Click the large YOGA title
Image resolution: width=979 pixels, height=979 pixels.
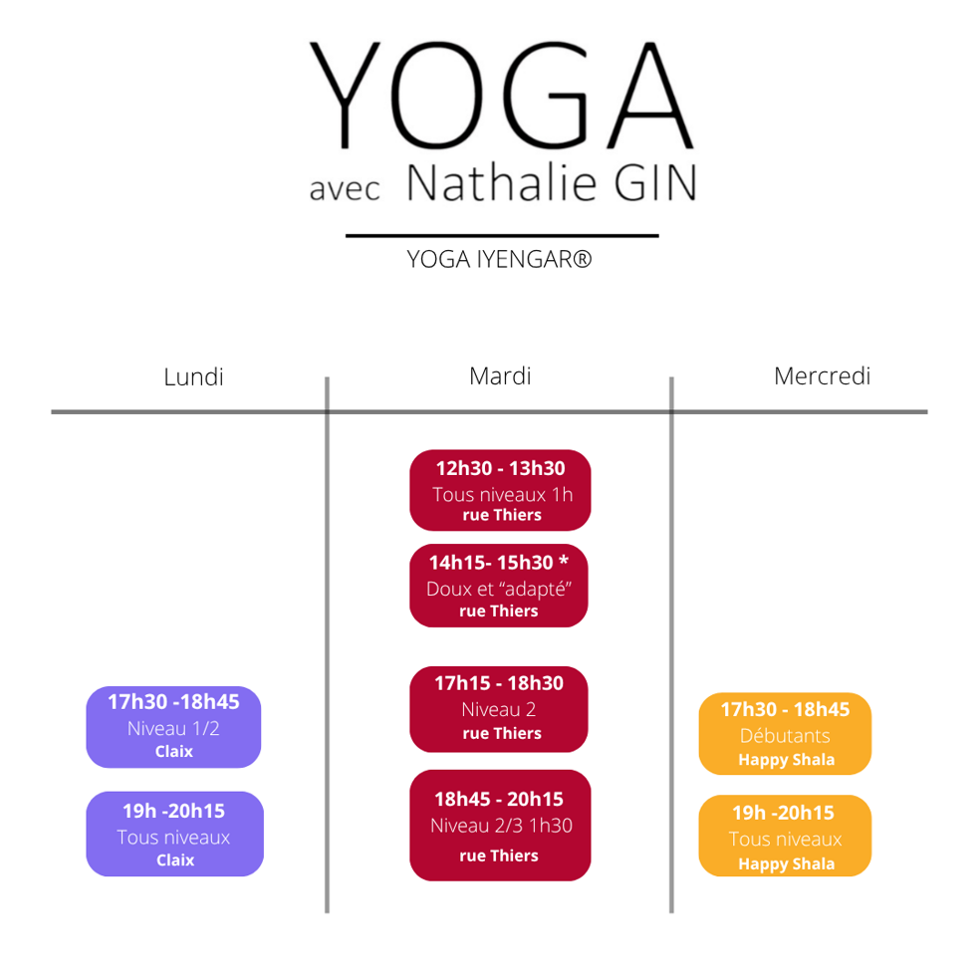pyautogui.click(x=501, y=95)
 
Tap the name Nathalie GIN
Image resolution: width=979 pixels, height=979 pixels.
pyautogui.click(x=552, y=182)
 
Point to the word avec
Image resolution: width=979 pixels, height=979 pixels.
pyautogui.click(x=345, y=188)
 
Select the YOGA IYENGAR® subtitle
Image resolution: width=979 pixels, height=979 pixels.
pyautogui.click(x=500, y=259)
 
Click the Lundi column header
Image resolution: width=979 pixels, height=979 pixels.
pyautogui.click(x=193, y=377)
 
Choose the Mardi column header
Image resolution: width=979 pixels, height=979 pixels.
pyautogui.click(x=500, y=375)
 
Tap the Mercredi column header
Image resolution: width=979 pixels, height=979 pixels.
pyautogui.click(x=823, y=375)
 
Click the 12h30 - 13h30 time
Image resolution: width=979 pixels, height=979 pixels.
pyautogui.click(x=500, y=468)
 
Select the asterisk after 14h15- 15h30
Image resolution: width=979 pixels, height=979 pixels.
pyautogui.click(x=564, y=560)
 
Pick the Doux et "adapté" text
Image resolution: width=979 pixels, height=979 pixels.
pyautogui.click(x=499, y=589)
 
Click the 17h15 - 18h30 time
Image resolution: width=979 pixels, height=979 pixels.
pyautogui.click(x=499, y=683)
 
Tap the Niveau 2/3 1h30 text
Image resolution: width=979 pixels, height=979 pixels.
pyautogui.click(x=501, y=826)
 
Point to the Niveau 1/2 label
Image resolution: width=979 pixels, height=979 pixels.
pyautogui.click(x=173, y=728)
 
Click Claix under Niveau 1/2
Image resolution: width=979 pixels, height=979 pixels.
pyautogui.click(x=174, y=751)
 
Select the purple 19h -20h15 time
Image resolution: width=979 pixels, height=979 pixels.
pyautogui.click(x=173, y=811)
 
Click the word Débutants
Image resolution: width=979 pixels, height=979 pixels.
pyautogui.click(x=785, y=736)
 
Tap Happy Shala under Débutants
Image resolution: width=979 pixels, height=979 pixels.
pyautogui.click(x=787, y=760)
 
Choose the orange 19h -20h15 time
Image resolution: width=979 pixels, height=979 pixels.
pyautogui.click(x=784, y=813)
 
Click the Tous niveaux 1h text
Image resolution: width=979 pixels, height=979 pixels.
pyautogui.click(x=503, y=495)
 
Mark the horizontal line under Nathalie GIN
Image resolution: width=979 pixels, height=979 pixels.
pyautogui.click(x=503, y=235)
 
